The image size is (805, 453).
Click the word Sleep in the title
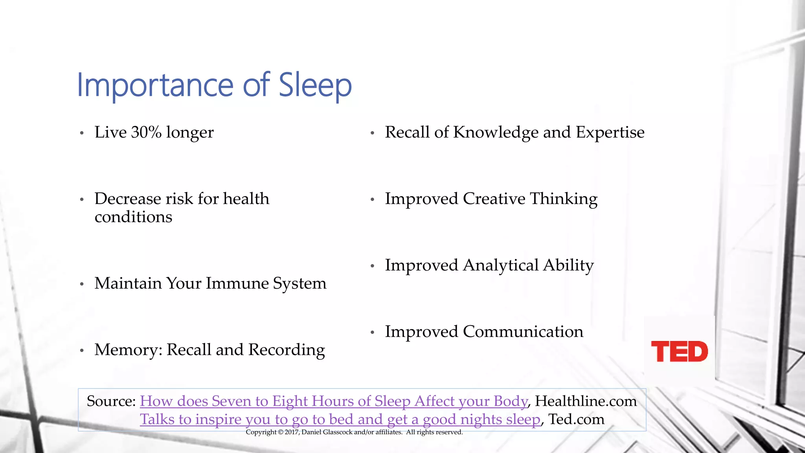[x=315, y=85]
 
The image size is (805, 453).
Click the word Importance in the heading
[x=155, y=85]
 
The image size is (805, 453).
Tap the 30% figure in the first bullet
[x=146, y=133]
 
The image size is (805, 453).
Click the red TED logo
[x=679, y=352]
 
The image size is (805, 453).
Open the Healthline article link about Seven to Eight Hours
[x=334, y=401]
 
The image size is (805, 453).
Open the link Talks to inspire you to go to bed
[x=340, y=419]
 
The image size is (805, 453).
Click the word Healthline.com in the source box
[x=586, y=401]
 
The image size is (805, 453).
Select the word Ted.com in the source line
[x=576, y=419]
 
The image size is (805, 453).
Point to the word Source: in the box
[x=111, y=401]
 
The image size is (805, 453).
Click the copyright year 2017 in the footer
[x=292, y=432]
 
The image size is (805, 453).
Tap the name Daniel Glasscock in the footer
[x=327, y=432]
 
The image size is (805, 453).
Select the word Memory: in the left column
[x=128, y=350]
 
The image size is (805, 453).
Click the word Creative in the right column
[x=494, y=199]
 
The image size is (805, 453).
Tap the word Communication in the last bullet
[x=523, y=332]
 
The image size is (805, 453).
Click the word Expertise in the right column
[x=610, y=133]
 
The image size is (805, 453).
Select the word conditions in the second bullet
[x=133, y=217]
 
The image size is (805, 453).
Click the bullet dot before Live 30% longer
[x=82, y=133]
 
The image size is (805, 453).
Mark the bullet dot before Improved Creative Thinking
[x=372, y=199]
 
